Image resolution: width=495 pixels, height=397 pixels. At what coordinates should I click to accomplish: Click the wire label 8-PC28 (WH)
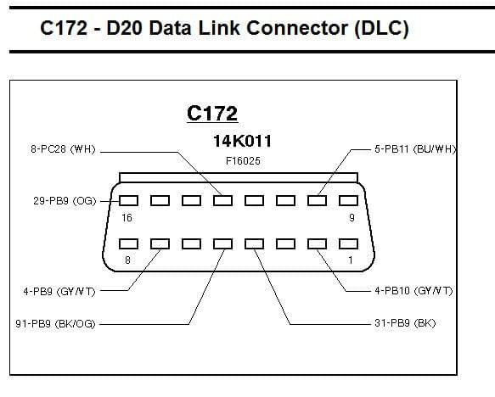pyautogui.click(x=63, y=149)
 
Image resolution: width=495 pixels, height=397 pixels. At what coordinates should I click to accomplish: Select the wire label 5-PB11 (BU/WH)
pyautogui.click(x=416, y=149)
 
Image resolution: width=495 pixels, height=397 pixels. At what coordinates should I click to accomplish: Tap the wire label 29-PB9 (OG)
pyautogui.click(x=65, y=201)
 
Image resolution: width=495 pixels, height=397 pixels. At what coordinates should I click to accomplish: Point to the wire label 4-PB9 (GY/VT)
pyautogui.click(x=59, y=291)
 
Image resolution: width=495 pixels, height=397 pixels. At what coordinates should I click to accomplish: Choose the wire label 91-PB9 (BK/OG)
pyautogui.click(x=55, y=324)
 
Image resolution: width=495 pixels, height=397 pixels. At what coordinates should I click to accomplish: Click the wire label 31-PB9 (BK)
pyautogui.click(x=405, y=323)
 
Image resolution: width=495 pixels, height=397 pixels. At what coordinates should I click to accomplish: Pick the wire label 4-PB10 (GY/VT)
pyautogui.click(x=413, y=291)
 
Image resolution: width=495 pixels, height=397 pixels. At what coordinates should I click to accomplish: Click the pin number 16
pyautogui.click(x=127, y=217)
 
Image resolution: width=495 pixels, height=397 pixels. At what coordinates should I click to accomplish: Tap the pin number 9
pyautogui.click(x=352, y=217)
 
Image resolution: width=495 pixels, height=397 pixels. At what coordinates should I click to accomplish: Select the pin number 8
pyautogui.click(x=127, y=260)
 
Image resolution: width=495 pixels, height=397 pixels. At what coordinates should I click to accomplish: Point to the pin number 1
pyautogui.click(x=351, y=260)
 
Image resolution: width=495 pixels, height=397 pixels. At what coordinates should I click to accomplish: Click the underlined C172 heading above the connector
pyautogui.click(x=212, y=113)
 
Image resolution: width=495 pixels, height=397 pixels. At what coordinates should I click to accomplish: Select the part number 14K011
pyautogui.click(x=243, y=141)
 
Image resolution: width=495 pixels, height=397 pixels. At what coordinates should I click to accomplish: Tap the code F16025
pyautogui.click(x=243, y=161)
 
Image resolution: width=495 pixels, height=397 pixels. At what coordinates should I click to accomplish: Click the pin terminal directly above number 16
pyautogui.click(x=128, y=200)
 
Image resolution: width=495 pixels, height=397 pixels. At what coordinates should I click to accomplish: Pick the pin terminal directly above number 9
pyautogui.click(x=348, y=200)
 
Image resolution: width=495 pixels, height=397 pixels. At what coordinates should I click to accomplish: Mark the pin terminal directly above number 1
pyautogui.click(x=348, y=243)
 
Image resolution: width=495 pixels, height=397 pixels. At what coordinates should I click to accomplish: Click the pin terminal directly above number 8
pyautogui.click(x=128, y=243)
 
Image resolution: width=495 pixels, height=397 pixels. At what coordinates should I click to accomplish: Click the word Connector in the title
pyautogui.click(x=297, y=28)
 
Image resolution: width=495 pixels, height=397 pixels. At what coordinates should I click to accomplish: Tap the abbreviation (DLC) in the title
pyautogui.click(x=381, y=29)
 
